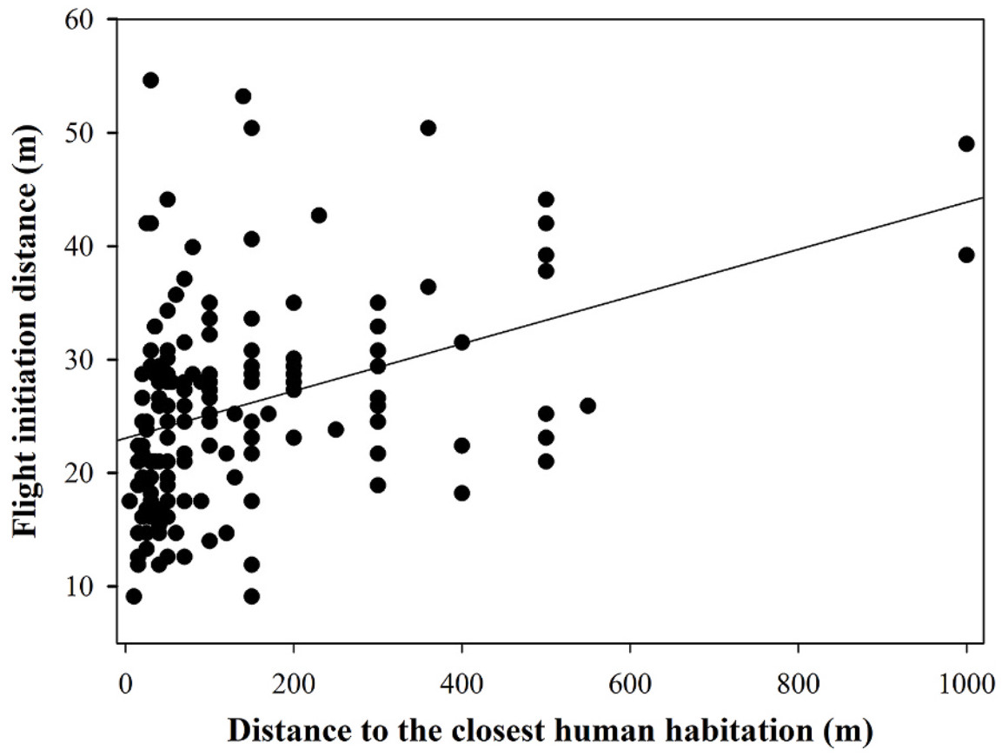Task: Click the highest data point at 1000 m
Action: [966, 143]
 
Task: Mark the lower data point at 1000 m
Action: [966, 255]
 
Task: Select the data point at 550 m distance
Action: [587, 406]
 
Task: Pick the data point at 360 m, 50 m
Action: [428, 128]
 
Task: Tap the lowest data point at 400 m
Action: [461, 493]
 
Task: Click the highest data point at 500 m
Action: [546, 200]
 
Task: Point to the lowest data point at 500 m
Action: [546, 461]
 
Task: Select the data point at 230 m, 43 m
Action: [319, 215]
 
